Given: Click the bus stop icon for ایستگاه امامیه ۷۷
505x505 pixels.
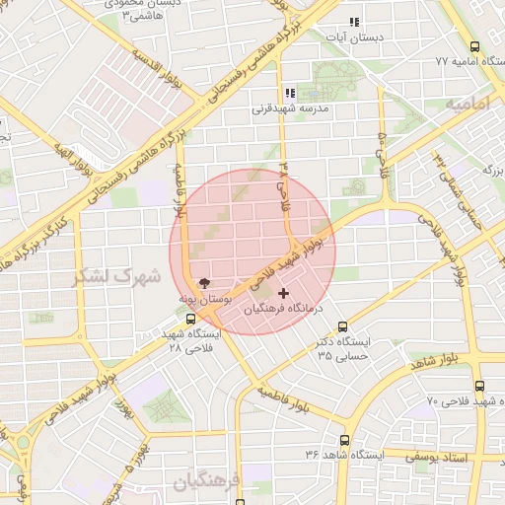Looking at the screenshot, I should (476, 46).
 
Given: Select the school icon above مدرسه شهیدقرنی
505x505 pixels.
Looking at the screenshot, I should (290, 94).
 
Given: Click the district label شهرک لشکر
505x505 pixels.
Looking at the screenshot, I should (116, 277).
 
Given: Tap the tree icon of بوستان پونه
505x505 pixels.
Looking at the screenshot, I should (204, 282).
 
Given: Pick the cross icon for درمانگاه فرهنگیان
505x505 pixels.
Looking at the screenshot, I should (285, 293).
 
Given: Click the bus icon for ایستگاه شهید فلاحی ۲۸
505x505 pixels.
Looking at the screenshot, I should (190, 319).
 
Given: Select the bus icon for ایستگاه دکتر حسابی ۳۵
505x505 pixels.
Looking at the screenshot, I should (343, 326).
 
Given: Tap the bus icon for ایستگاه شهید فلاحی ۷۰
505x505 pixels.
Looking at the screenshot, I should (479, 386).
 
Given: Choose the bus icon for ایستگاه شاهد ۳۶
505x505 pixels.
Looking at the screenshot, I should (344, 440).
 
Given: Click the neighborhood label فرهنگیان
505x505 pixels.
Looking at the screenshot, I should (207, 483).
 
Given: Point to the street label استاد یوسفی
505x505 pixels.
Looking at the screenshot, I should (468, 458).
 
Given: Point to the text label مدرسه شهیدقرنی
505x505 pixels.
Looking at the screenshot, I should (288, 109).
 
